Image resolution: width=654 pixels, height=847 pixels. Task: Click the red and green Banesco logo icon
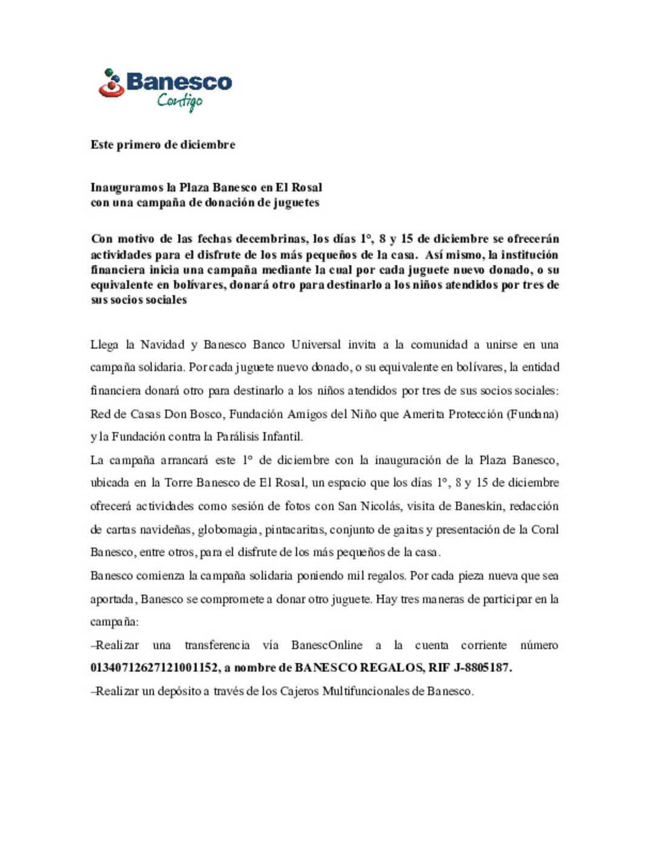coord(111,84)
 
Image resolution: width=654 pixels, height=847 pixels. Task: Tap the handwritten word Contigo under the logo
coord(180,101)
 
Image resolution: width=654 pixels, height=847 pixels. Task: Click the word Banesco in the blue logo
coord(179,82)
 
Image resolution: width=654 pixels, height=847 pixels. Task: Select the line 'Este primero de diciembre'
coord(163,145)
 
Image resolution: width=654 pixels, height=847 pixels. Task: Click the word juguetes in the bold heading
coord(296,202)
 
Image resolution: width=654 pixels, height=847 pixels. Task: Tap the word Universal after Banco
coord(315,345)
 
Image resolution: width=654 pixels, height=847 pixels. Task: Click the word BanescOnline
coord(326,645)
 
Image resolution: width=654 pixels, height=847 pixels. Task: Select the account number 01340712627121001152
coord(154,668)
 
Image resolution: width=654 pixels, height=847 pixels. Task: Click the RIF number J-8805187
coord(482,668)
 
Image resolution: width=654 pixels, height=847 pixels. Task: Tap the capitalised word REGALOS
coord(392,668)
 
